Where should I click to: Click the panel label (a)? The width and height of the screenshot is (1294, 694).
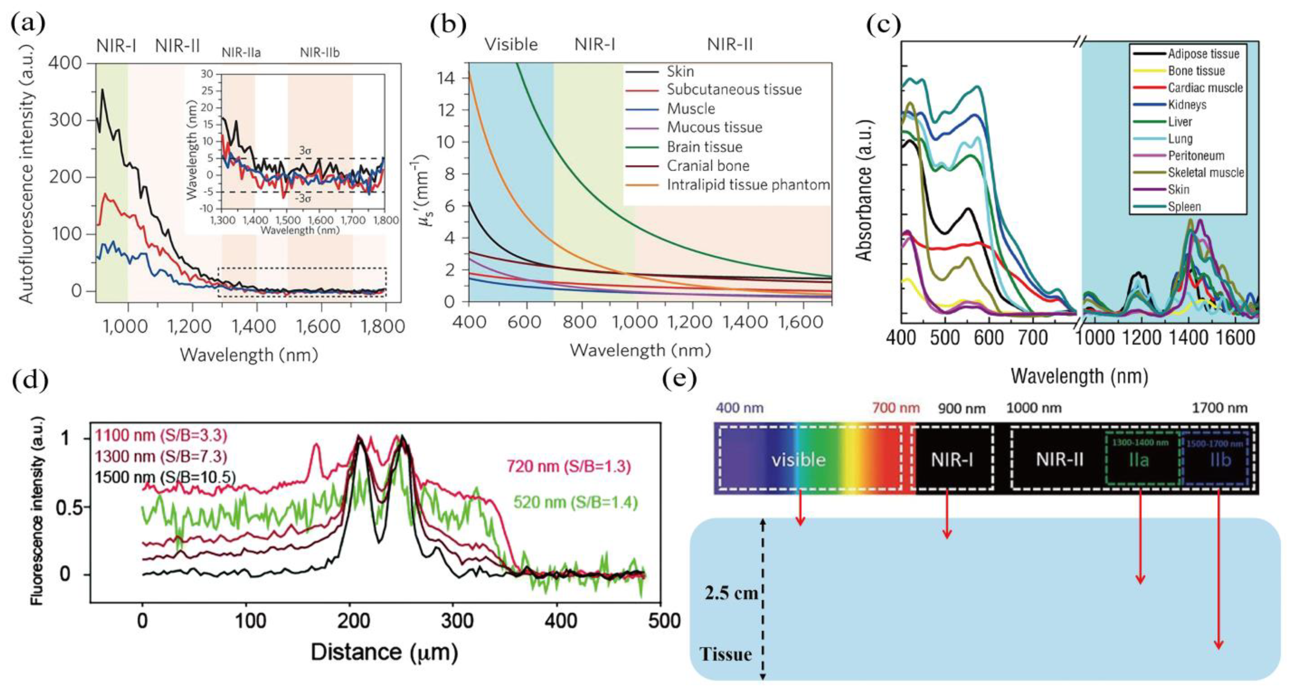tap(28, 24)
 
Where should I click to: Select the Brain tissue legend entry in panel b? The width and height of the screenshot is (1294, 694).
tap(704, 147)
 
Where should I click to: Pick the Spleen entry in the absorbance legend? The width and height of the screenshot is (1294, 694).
tap(1184, 207)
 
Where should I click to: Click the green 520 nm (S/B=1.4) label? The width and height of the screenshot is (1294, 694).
tap(575, 502)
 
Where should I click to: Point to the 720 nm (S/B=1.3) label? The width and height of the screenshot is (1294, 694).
tap(568, 467)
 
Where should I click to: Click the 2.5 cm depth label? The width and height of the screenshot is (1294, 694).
tap(731, 593)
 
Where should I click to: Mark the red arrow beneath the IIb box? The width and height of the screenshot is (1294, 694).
tap(1218, 578)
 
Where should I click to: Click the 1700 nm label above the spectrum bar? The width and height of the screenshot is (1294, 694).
tap(1219, 408)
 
